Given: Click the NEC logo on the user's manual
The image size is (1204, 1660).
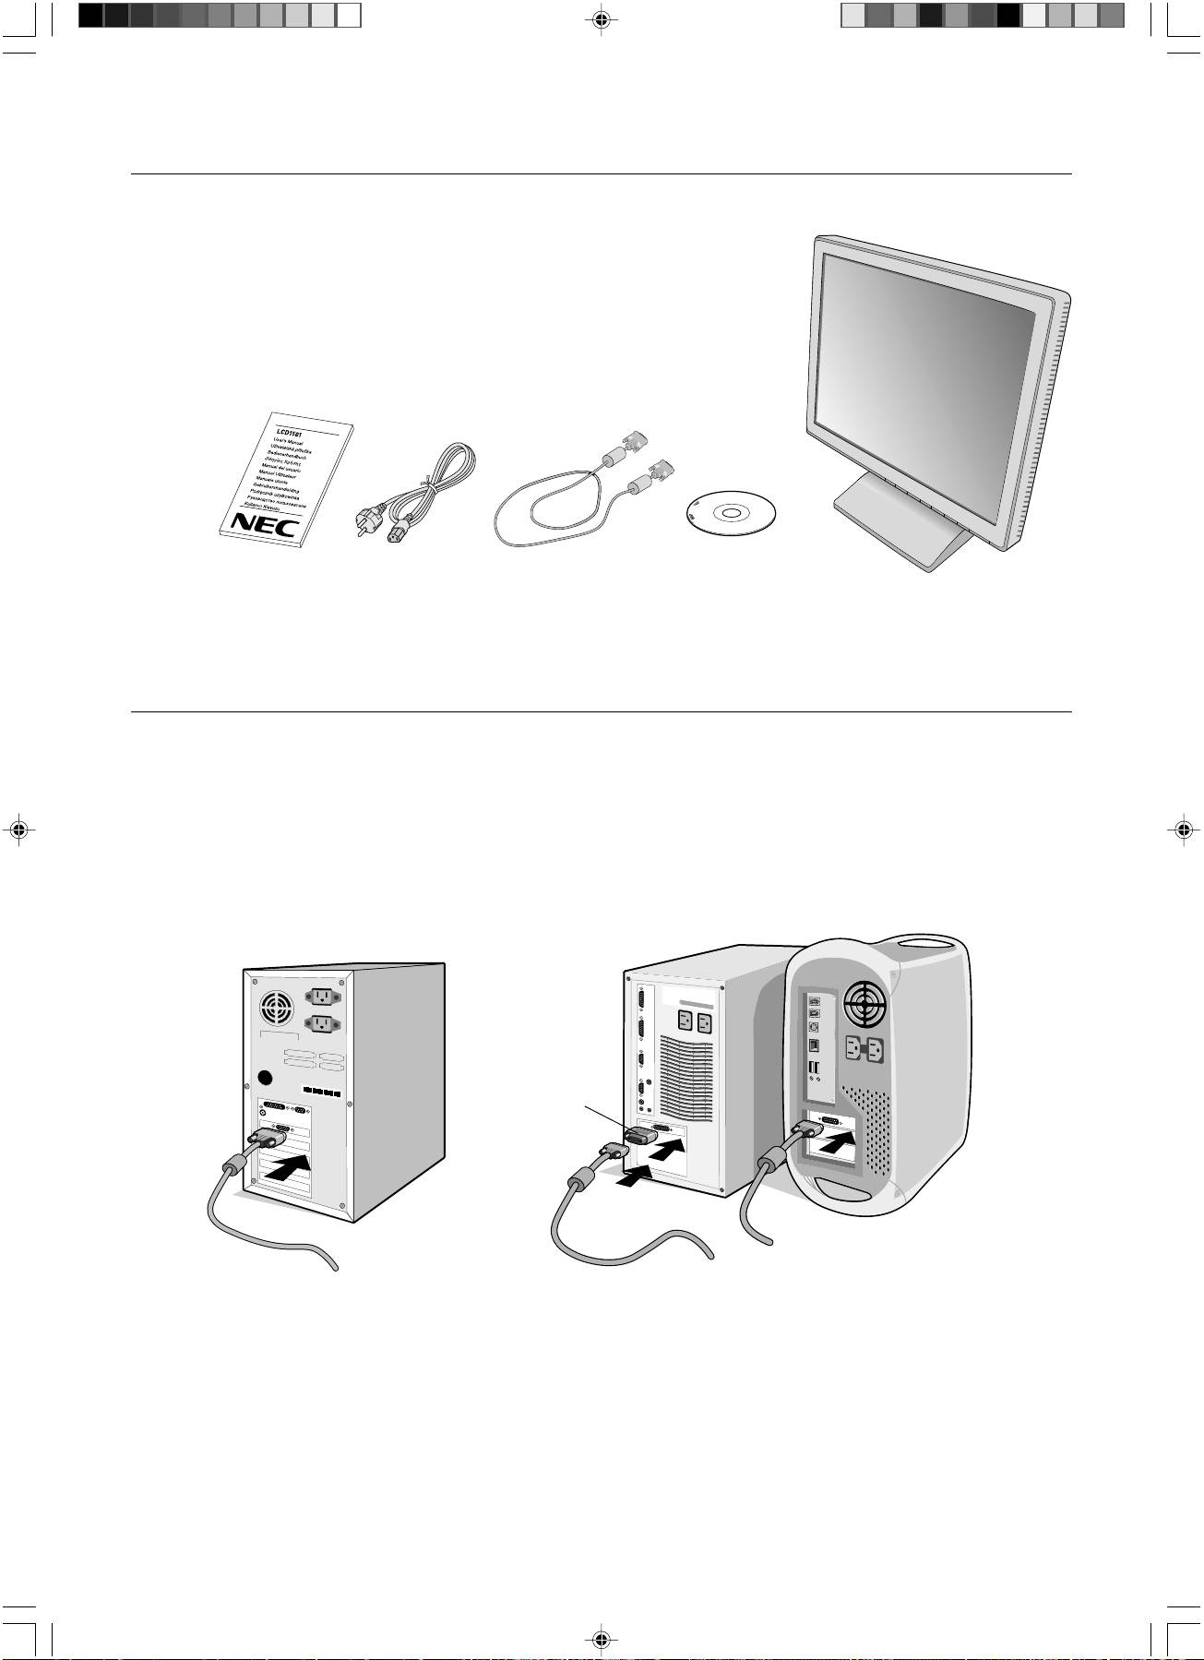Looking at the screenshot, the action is tap(264, 523).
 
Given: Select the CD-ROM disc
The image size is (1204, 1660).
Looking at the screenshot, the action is tap(731, 513).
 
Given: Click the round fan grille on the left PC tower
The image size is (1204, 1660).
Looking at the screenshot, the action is tap(274, 1009).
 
